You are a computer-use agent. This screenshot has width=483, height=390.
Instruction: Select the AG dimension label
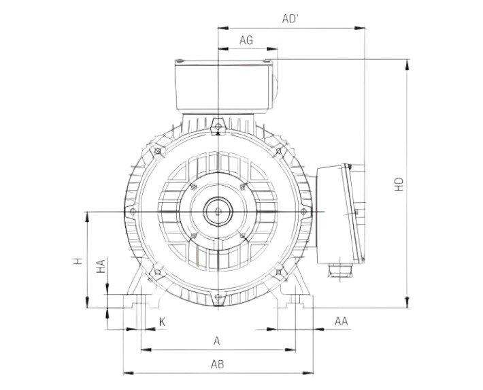246,41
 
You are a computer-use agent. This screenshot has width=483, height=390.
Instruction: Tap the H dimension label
78,261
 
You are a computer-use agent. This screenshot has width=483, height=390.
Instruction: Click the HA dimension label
100,266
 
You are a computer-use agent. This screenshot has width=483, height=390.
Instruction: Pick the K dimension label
161,321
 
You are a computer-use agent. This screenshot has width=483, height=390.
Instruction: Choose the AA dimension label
342,321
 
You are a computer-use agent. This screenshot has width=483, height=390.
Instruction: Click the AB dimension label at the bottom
218,365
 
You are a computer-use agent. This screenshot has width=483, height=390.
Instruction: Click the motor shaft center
217,212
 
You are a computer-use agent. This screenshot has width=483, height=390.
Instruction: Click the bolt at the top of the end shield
217,125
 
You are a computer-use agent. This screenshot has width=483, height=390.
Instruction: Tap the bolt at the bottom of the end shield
217,297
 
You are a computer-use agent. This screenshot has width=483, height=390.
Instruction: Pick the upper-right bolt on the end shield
278,150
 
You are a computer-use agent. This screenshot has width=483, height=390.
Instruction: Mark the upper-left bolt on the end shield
157,150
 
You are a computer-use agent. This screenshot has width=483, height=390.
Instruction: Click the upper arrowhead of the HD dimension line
407,63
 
